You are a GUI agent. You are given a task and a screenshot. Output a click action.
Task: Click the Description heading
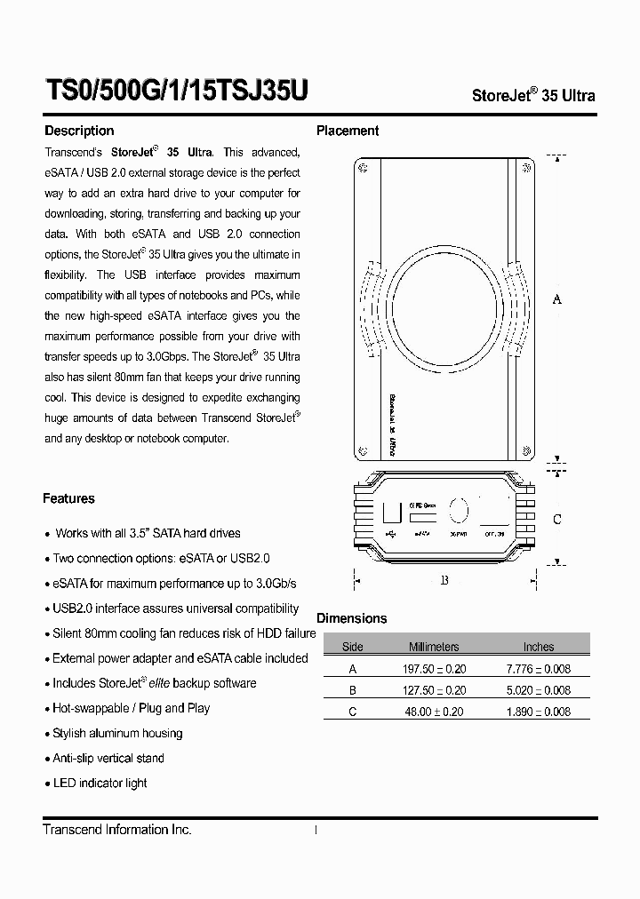pos(79,131)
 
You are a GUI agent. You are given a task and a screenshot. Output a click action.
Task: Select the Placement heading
pos(348,131)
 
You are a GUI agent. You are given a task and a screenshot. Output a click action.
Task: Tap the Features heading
pos(68,498)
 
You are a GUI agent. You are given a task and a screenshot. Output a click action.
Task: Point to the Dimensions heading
pos(352,618)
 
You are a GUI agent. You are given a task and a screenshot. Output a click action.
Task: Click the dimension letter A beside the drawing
pos(557,299)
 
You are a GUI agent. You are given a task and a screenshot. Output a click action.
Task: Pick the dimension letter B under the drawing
pos(444,581)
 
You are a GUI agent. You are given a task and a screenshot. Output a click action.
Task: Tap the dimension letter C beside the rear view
pos(557,520)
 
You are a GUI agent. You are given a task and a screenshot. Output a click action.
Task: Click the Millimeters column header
pos(434,647)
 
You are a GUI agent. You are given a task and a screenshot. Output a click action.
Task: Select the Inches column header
pos(539,647)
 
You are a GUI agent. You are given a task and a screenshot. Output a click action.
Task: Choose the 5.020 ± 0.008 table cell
pos(539,689)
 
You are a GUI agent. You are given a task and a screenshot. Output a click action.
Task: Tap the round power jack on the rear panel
pos(459,510)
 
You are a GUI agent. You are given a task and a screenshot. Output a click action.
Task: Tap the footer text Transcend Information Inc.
pos(117,829)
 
